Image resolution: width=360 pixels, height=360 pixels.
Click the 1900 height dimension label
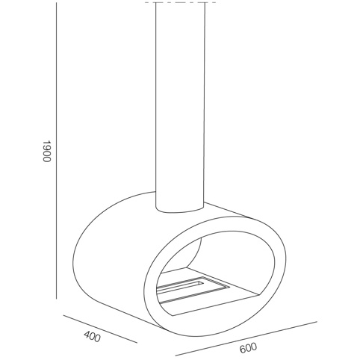tap(47, 151)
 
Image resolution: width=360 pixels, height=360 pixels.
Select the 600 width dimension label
tap(248, 347)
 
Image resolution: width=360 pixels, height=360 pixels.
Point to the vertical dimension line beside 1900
tap(57, 151)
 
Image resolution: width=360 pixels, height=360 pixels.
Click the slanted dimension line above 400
tap(100, 329)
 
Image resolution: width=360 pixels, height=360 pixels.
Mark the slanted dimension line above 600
tap(246, 338)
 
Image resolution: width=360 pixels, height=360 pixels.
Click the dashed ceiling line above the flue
tap(182, 3)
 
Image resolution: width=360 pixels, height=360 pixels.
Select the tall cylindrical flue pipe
tap(181, 107)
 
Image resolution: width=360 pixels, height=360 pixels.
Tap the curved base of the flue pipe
tap(181, 211)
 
